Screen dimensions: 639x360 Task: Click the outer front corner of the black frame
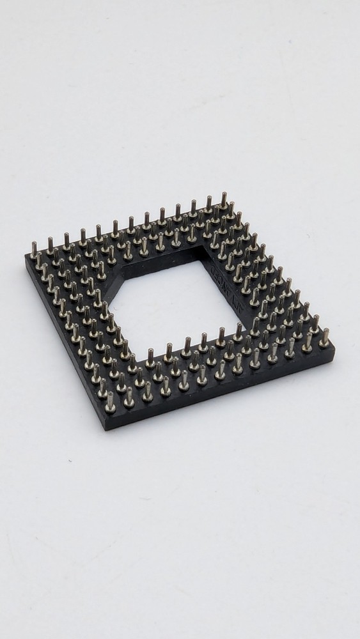tap(107, 427)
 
